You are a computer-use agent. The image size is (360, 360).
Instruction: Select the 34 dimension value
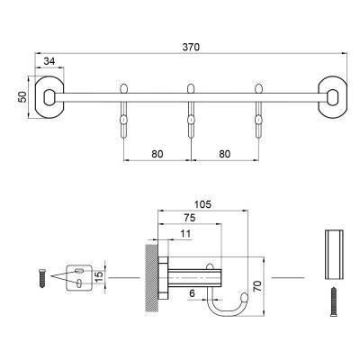(48, 62)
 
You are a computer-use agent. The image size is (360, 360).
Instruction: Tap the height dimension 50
(22, 95)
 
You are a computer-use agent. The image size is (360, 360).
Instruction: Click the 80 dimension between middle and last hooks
(224, 153)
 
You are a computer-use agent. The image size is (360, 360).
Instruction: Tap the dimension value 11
(185, 234)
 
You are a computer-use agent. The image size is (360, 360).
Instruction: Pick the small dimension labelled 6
(191, 292)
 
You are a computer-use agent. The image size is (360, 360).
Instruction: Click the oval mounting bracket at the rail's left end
(49, 95)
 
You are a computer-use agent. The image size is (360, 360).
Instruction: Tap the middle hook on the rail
(191, 108)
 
